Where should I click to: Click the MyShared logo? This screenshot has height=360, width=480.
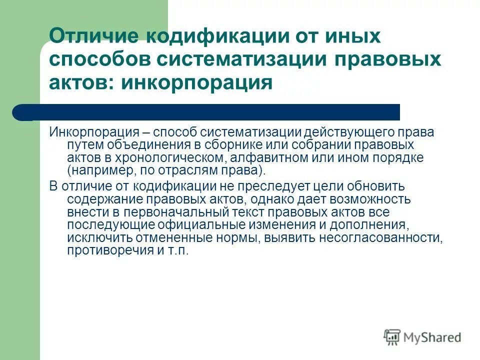coord(422,337)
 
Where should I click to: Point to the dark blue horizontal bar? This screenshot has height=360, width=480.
coord(210,112)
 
